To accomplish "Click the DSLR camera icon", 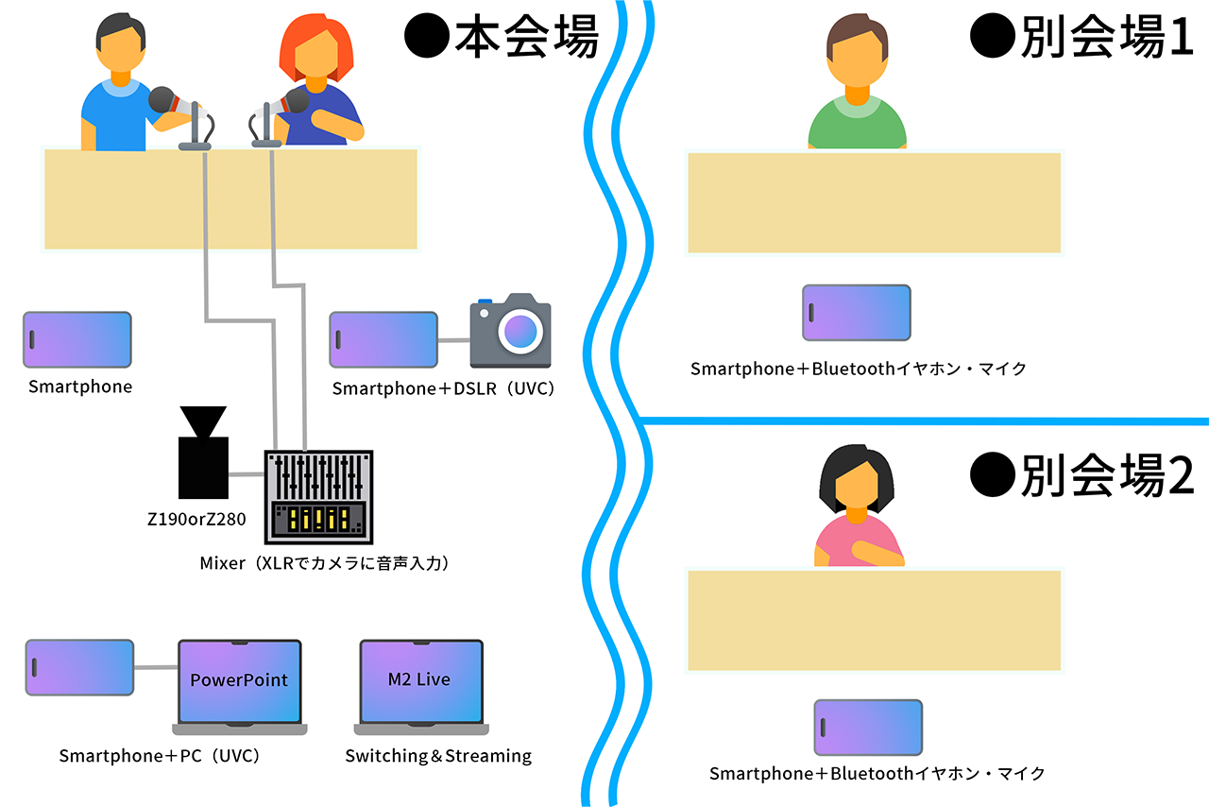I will point(510,331).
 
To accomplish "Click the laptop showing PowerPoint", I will point(239,684).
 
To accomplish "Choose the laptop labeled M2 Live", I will point(420,684).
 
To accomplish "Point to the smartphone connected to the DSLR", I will point(383,339).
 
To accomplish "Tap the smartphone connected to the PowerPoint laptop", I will point(79,667).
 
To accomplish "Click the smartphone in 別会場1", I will point(857,312).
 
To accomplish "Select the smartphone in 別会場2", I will point(868,728).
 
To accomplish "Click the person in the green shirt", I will point(857,90).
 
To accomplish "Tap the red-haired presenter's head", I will point(315,52).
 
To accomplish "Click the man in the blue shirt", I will point(118,90).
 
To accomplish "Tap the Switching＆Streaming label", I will point(438,756).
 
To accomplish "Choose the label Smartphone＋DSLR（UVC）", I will point(442,388).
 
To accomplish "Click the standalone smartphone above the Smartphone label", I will point(77,339).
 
